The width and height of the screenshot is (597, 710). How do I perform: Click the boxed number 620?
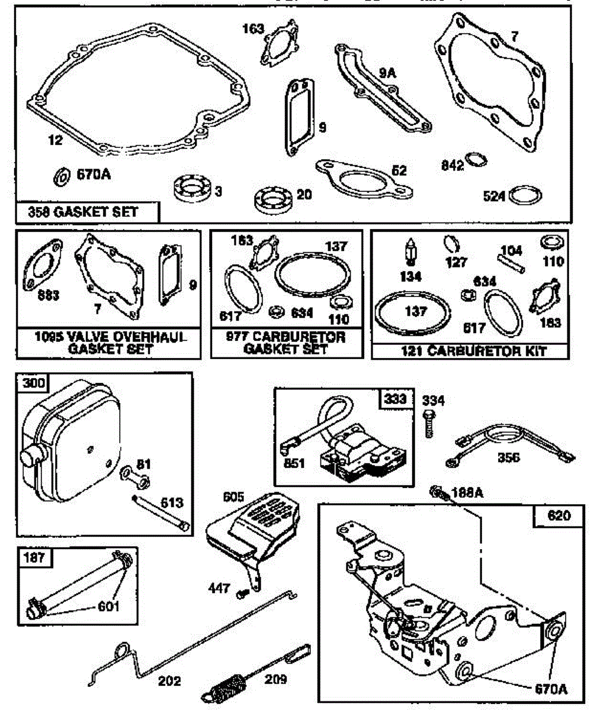pos(559,515)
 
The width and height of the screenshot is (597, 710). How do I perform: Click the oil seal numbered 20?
pos(274,197)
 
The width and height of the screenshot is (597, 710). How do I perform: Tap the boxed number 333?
pos(394,399)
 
